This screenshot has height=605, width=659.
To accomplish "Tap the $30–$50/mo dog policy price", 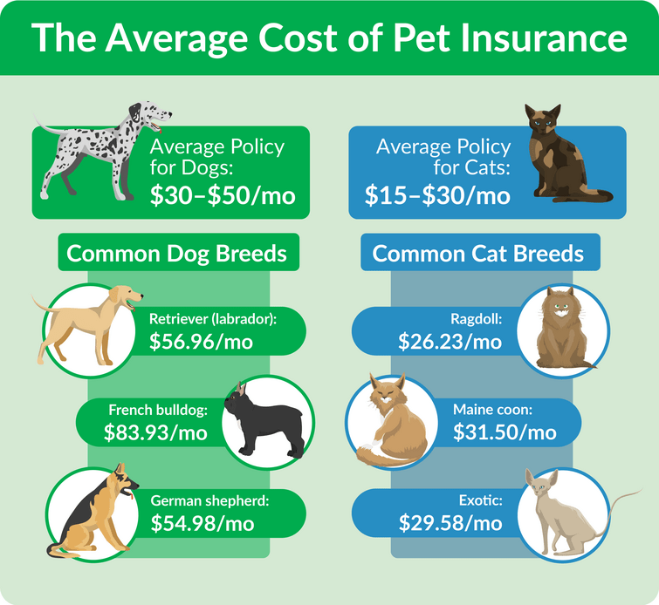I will click(x=223, y=195).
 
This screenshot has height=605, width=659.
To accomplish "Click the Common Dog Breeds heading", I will click(x=177, y=254).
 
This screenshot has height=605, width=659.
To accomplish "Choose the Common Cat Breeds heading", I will click(x=477, y=254).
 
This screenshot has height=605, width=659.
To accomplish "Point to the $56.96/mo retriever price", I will click(x=201, y=341).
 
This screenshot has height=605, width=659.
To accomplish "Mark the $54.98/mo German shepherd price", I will click(x=203, y=523).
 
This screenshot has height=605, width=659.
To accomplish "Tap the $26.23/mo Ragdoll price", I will click(x=450, y=341).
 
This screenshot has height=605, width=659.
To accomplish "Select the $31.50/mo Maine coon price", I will click(x=505, y=432).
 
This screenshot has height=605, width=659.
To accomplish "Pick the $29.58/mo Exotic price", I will click(x=450, y=523).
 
